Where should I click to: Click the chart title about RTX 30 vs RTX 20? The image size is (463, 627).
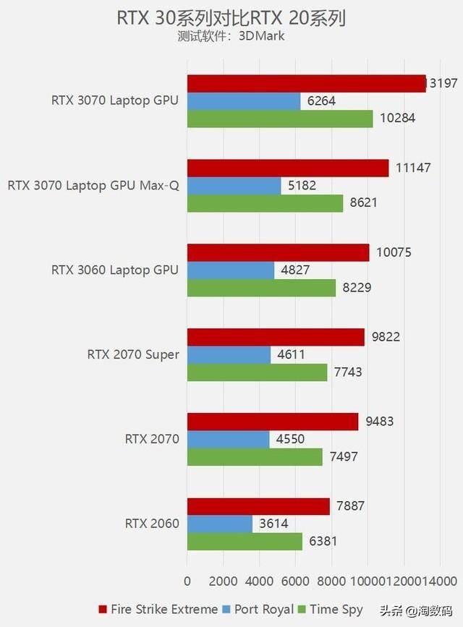[231, 17]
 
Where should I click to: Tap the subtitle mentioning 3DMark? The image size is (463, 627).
[231, 36]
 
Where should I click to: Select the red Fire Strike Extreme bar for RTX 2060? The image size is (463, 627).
[258, 507]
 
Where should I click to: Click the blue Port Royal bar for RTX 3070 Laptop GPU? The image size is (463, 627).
[244, 101]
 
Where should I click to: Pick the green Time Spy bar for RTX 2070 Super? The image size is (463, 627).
[257, 372]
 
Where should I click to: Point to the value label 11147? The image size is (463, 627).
[413, 168]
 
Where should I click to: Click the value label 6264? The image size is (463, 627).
[321, 101]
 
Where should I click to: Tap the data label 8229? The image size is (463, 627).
[357, 288]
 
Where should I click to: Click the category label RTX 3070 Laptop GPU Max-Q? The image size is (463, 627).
[93, 185]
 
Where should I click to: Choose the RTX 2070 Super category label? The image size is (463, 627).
[133, 354]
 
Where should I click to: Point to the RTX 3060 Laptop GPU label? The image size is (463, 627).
[114, 270]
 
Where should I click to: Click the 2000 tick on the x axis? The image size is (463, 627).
[224, 581]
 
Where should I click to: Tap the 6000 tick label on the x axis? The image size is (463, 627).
[295, 581]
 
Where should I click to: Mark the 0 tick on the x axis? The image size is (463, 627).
[187, 581]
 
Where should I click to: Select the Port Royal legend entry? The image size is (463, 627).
[258, 609]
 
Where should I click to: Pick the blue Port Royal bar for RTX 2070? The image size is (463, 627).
[228, 439]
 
